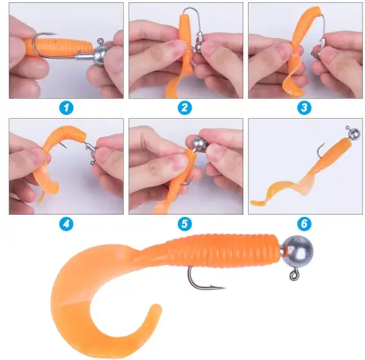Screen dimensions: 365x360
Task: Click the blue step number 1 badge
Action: click(66, 108)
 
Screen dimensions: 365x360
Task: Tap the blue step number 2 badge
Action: click(185, 108)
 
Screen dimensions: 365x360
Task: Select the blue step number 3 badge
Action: click(304, 108)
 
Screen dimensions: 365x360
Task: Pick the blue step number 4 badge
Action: click(66, 224)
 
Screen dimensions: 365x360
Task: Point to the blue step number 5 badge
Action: click(185, 224)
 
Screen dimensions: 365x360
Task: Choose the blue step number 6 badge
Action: click(304, 224)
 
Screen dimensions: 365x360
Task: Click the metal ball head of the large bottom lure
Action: click(298, 251)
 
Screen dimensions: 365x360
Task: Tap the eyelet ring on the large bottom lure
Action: click(294, 275)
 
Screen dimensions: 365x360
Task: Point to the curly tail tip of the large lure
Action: click(157, 308)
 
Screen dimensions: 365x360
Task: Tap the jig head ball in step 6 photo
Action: click(354, 133)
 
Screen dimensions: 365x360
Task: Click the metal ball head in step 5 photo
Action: click(200, 145)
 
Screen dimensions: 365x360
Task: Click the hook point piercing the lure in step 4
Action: click(64, 146)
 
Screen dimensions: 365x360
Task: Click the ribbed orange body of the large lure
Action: click(223, 250)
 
